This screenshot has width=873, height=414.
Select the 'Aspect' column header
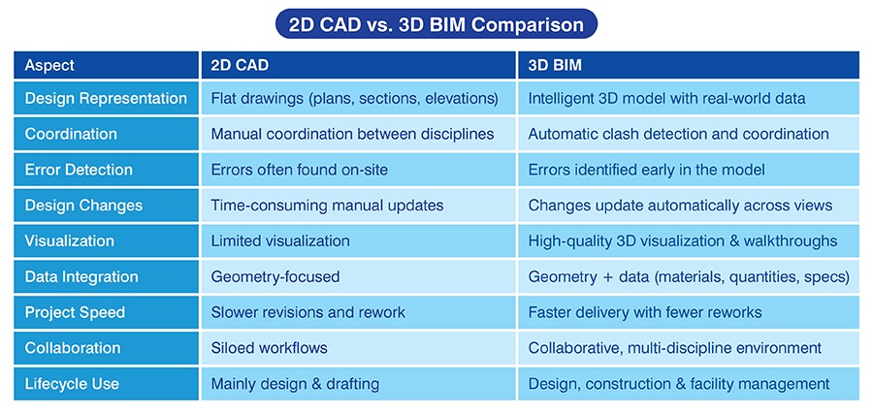[x=49, y=66]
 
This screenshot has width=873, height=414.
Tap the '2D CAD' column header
[x=240, y=66]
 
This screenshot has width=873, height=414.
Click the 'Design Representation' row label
[x=106, y=98]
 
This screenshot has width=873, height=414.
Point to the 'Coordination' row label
[x=71, y=134]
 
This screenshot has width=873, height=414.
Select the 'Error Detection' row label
[x=79, y=170]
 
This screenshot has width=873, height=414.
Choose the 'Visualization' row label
[x=70, y=240]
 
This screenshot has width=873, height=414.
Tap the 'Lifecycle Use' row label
[x=72, y=384]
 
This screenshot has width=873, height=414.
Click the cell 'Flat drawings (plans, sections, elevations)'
[x=354, y=98]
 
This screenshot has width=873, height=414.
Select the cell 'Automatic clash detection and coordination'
[x=678, y=134]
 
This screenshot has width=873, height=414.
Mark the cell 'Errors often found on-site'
[x=299, y=170]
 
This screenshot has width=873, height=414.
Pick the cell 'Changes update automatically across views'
[x=680, y=206]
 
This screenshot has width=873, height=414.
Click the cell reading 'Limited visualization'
[x=280, y=240]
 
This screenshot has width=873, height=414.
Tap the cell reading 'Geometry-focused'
[x=275, y=276]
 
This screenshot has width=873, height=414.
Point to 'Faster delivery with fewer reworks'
[x=645, y=312]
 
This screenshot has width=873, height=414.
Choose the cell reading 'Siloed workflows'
[x=269, y=348]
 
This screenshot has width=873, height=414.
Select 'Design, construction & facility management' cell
[x=678, y=384]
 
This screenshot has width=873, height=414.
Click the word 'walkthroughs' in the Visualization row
[x=792, y=240]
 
